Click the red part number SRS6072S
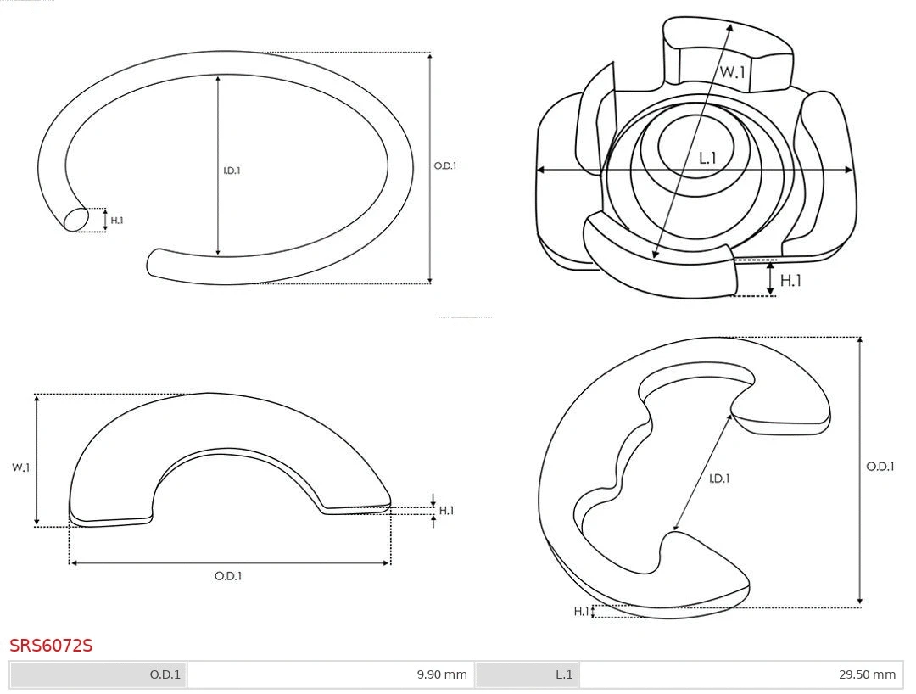click(x=51, y=646)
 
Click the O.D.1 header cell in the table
click(x=98, y=674)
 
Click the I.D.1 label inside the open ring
click(x=232, y=171)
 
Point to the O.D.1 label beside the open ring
click(x=445, y=166)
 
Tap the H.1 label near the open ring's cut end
click(x=117, y=221)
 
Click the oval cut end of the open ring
click(x=75, y=220)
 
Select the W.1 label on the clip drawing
click(x=733, y=72)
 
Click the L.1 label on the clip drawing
click(x=707, y=158)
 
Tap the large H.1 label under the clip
click(x=790, y=281)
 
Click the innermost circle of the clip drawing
click(x=695, y=146)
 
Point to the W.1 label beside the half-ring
click(x=20, y=467)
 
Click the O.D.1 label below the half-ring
click(x=228, y=576)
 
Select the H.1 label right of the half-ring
click(x=446, y=511)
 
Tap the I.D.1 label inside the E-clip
click(x=719, y=479)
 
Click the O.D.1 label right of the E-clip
click(x=880, y=466)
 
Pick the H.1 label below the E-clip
click(x=581, y=612)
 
